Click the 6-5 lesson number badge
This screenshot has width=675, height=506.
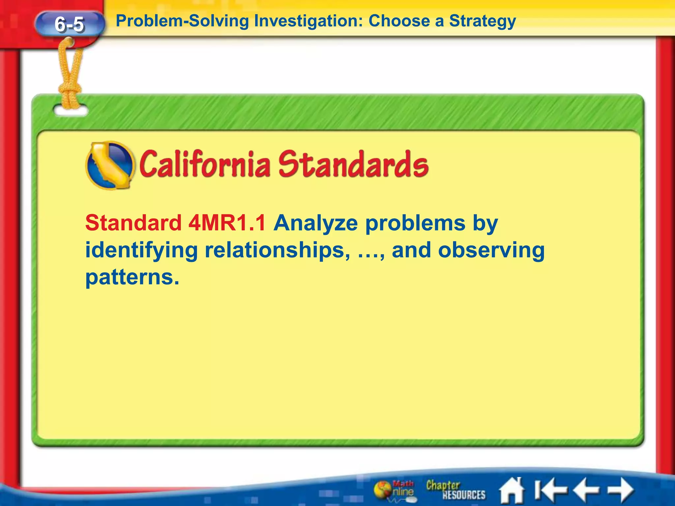click(x=69, y=24)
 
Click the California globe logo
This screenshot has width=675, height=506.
click(x=110, y=165)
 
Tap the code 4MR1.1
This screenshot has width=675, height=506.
click(x=227, y=223)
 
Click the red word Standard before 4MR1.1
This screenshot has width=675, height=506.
click(x=133, y=223)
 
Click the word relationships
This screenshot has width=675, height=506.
click(x=277, y=250)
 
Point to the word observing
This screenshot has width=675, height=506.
click(x=491, y=250)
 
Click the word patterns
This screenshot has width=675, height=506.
click(x=132, y=277)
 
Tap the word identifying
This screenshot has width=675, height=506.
click(x=141, y=250)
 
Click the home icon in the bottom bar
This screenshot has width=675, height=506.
click(x=512, y=490)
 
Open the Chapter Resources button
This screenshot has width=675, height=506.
click(x=455, y=490)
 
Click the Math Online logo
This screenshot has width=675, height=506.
click(x=395, y=490)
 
